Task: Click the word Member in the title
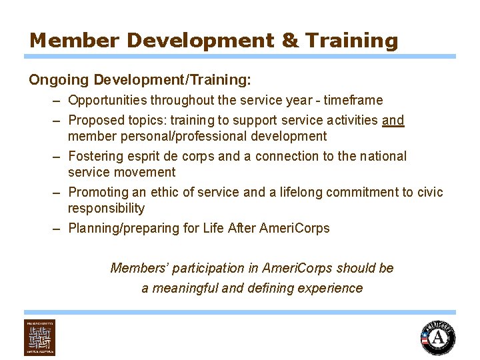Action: click(x=74, y=40)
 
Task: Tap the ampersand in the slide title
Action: click(x=291, y=40)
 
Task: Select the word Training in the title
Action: click(x=352, y=40)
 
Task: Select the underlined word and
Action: click(x=393, y=121)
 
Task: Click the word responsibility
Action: click(x=106, y=209)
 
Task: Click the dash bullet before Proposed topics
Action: click(x=58, y=121)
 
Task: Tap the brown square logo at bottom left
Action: click(x=40, y=337)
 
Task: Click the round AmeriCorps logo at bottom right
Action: click(x=437, y=338)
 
